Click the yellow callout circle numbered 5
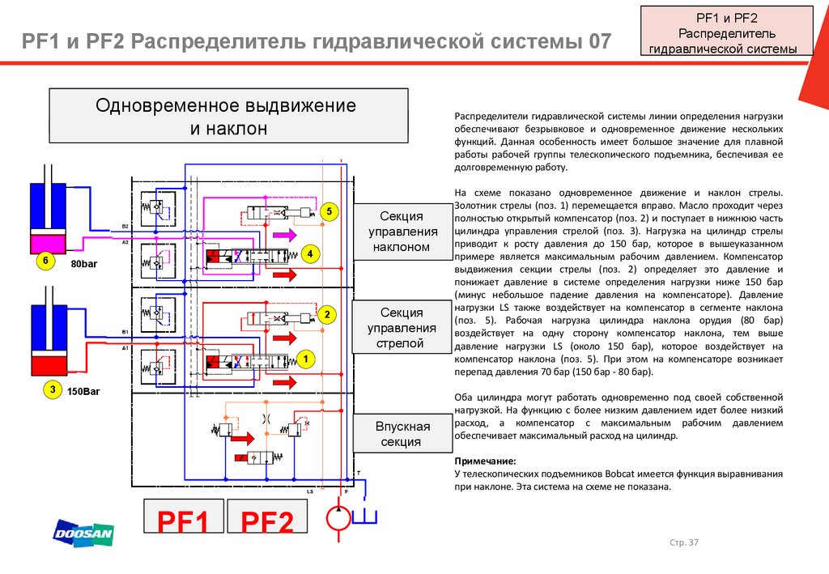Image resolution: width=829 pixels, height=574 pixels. coord(329,212)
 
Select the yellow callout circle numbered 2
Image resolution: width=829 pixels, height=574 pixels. coord(325,314)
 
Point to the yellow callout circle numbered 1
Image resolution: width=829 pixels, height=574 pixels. coord(307,356)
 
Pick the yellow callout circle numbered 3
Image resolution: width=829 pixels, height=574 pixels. coord(51,389)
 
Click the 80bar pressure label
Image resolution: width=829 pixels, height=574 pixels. coord(83,265)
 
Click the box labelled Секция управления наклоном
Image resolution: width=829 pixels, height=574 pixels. coord(402,231)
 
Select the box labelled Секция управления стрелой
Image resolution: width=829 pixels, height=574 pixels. coord(402,328)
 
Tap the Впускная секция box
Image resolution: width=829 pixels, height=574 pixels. coord(402,434)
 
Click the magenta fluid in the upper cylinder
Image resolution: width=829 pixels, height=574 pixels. coord(51,242)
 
